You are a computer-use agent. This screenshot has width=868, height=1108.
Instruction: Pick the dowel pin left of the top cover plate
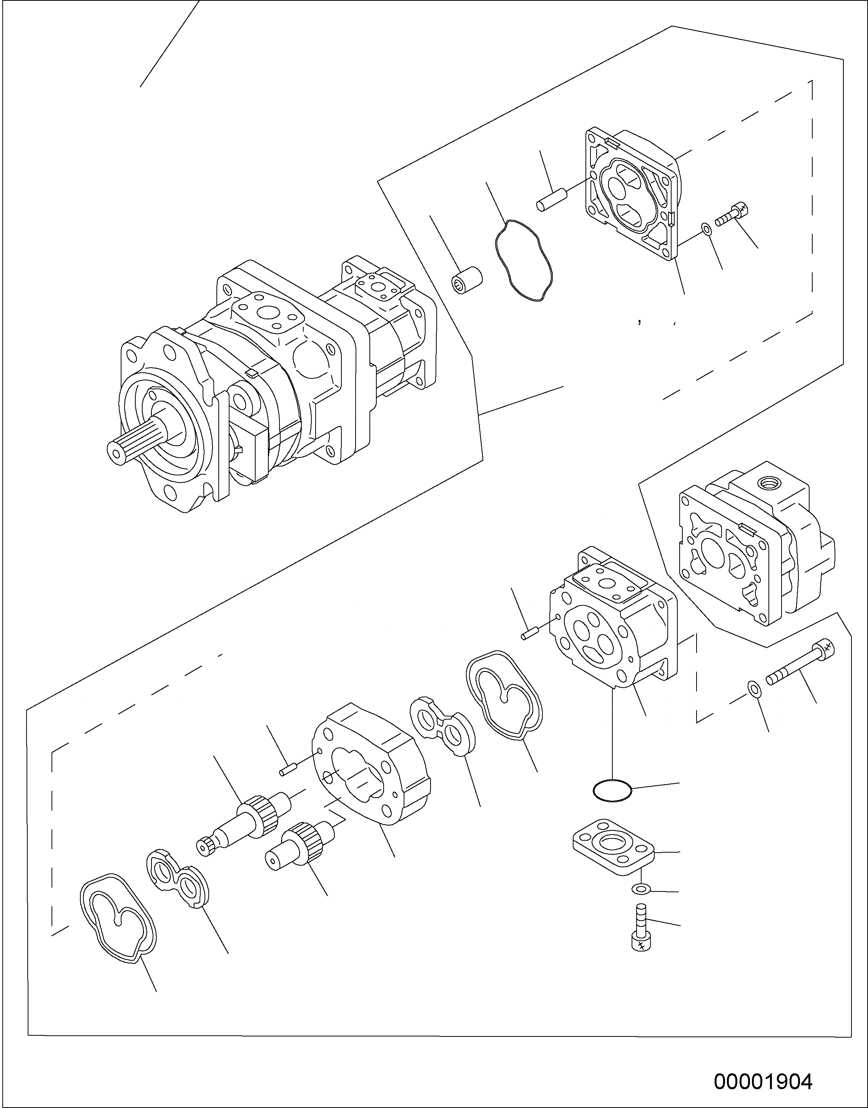[x=551, y=199]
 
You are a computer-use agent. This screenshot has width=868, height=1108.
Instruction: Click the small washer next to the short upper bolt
[x=705, y=229]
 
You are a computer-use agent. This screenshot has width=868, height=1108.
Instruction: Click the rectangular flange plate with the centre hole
[x=614, y=846]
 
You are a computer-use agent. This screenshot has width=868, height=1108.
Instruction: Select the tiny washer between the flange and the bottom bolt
[x=641, y=889]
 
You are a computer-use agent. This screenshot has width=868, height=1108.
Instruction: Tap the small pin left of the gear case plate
[x=287, y=771]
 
